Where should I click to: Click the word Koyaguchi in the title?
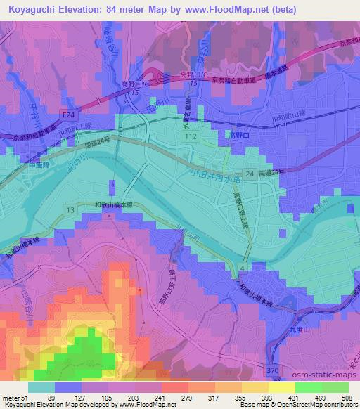tap(30, 9)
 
